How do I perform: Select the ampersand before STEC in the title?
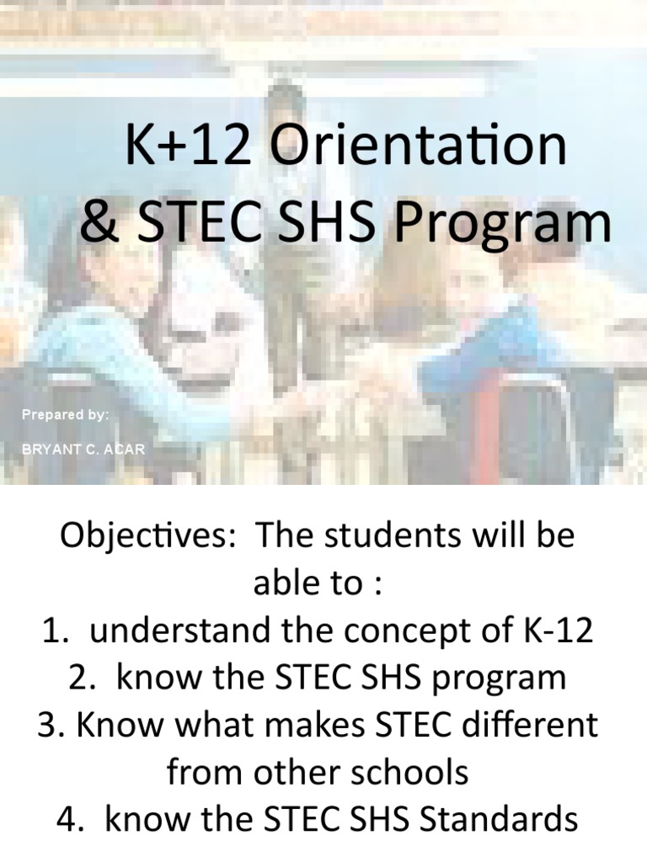point(99,223)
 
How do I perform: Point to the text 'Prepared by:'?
point(66,415)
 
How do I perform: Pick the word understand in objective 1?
point(174,631)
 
